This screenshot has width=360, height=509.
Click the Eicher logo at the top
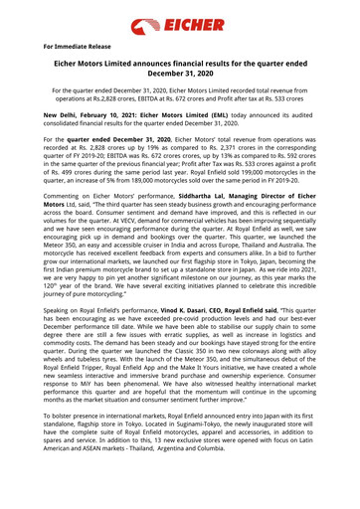[180, 20]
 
